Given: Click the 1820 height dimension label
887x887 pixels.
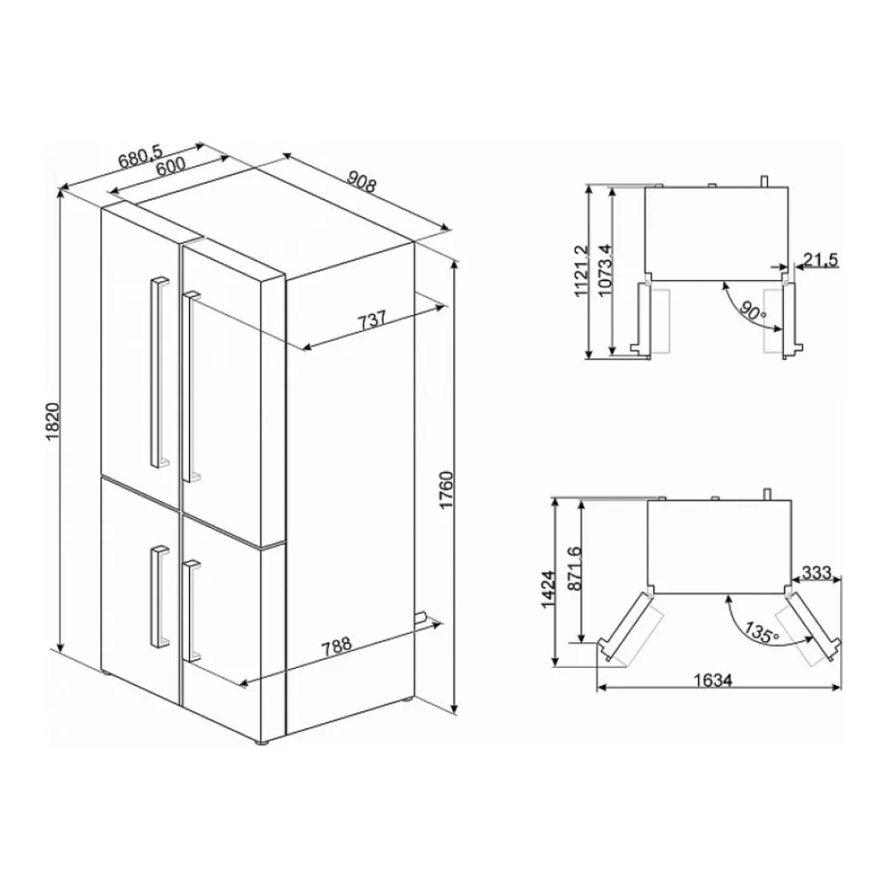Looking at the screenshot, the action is [52, 422].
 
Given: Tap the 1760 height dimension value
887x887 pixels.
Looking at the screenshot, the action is [446, 490].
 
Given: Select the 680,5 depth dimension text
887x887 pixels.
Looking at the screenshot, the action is [140, 157].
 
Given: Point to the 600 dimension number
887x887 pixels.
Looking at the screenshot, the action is [170, 167].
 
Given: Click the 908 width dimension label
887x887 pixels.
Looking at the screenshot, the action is [362, 181].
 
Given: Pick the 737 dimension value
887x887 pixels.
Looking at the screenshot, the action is [372, 320].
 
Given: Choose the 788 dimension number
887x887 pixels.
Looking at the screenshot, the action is [336, 647].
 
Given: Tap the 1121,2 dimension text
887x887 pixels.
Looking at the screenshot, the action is [582, 271].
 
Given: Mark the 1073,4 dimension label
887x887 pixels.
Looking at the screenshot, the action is [604, 271].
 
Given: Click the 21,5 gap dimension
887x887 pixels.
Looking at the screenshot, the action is [820, 260].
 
